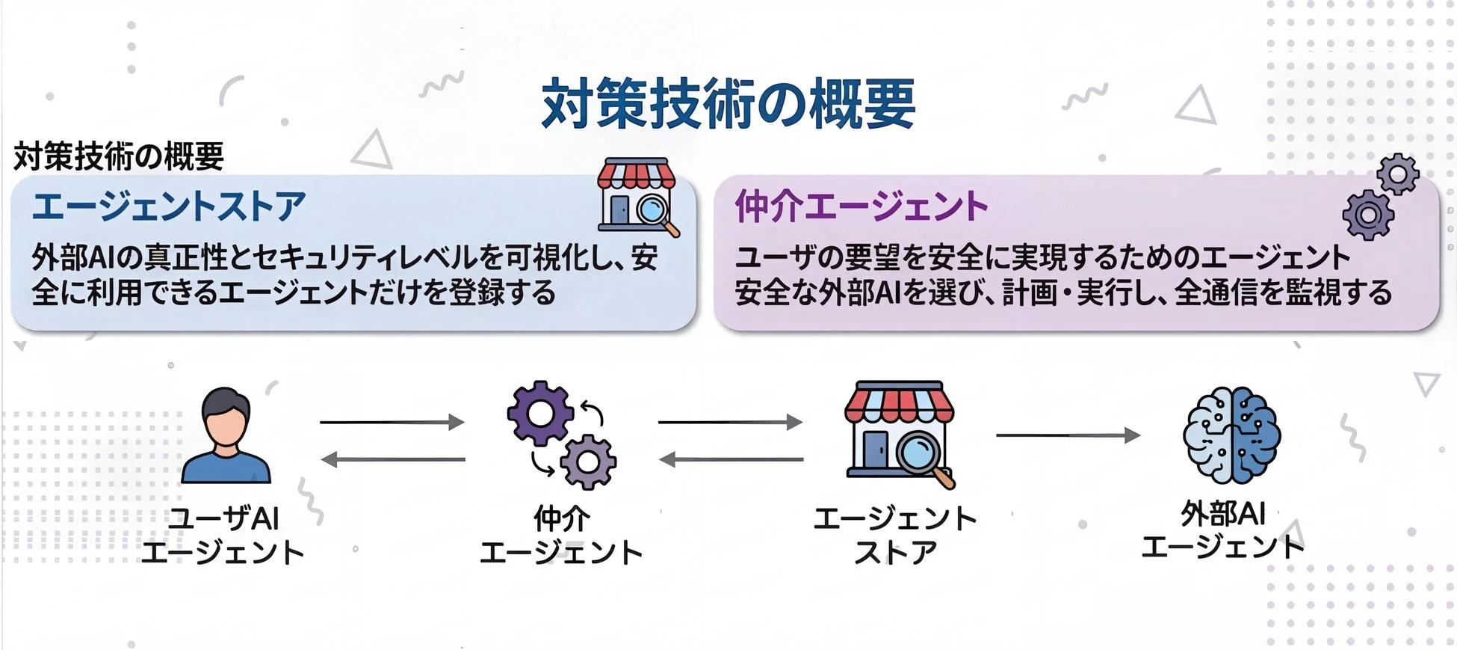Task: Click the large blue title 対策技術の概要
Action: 728,103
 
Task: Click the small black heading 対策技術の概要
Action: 119,156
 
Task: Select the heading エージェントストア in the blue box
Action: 169,206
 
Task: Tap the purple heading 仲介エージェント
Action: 861,206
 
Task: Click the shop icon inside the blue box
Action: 637,195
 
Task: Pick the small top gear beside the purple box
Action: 1397,174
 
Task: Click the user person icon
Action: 226,435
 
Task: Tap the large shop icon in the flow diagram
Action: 897,432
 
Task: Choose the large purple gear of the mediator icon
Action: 539,414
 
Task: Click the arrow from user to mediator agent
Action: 392,423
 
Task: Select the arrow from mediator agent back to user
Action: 392,459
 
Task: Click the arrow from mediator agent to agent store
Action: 730,423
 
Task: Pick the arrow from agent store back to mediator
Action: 730,459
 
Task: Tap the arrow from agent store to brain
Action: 1068,435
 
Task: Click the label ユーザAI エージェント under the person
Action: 223,536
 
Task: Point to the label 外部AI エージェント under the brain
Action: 1222,531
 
